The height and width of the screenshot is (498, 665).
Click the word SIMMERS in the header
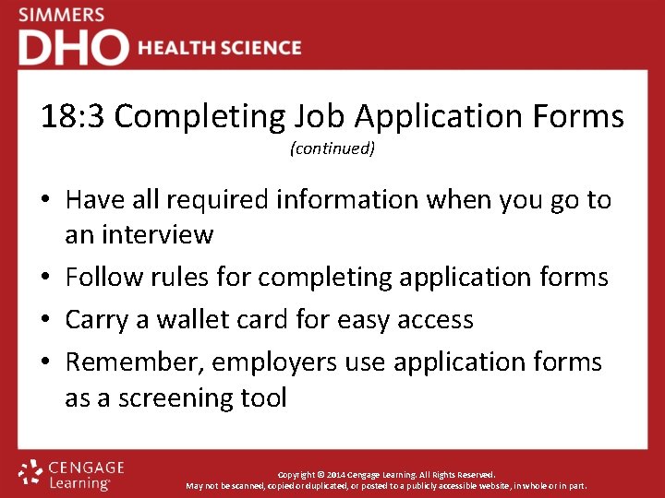coord(62,16)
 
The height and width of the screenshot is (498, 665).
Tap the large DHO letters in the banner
coord(73,48)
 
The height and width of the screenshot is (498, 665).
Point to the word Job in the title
coord(319,117)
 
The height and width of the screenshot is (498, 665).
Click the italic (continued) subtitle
coord(332,148)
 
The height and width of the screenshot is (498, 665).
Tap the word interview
coord(158,234)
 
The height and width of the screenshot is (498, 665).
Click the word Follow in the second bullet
coord(104,277)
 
